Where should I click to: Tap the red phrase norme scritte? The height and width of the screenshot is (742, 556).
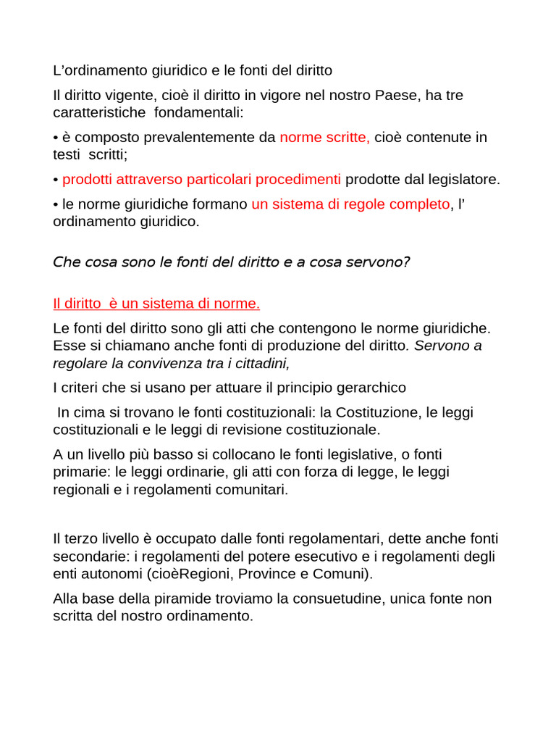324,137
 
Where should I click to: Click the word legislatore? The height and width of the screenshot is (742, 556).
461,179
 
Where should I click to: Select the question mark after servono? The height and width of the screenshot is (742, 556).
406,262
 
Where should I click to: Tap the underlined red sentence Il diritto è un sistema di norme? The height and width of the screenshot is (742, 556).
156,303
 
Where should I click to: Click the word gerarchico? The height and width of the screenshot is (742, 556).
368,388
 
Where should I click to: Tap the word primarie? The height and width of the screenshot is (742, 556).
80,472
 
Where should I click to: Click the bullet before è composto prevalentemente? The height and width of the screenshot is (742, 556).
56,138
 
